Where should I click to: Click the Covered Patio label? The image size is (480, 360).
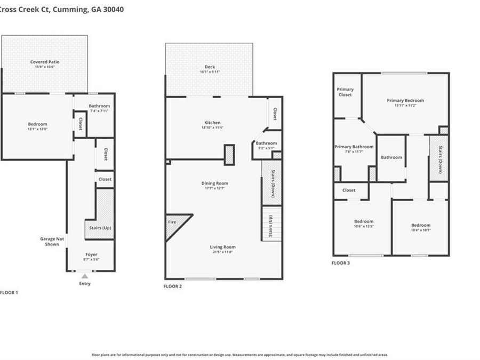coord(44,62)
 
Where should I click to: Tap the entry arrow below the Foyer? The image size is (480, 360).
coord(84,276)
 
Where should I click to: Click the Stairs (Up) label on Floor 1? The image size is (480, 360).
coord(99,228)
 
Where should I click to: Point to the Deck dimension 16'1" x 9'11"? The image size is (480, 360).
coord(210,72)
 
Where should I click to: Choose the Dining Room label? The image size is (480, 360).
coord(214,183)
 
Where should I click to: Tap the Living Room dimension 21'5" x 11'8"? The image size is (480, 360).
coord(222,252)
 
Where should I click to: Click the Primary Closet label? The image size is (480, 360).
coord(345,92)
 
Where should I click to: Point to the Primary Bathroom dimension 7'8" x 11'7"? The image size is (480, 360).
coord(354,152)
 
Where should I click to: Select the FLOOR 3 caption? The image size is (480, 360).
coord(341,263)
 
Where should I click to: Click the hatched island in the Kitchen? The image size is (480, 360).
coord(229,155)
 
